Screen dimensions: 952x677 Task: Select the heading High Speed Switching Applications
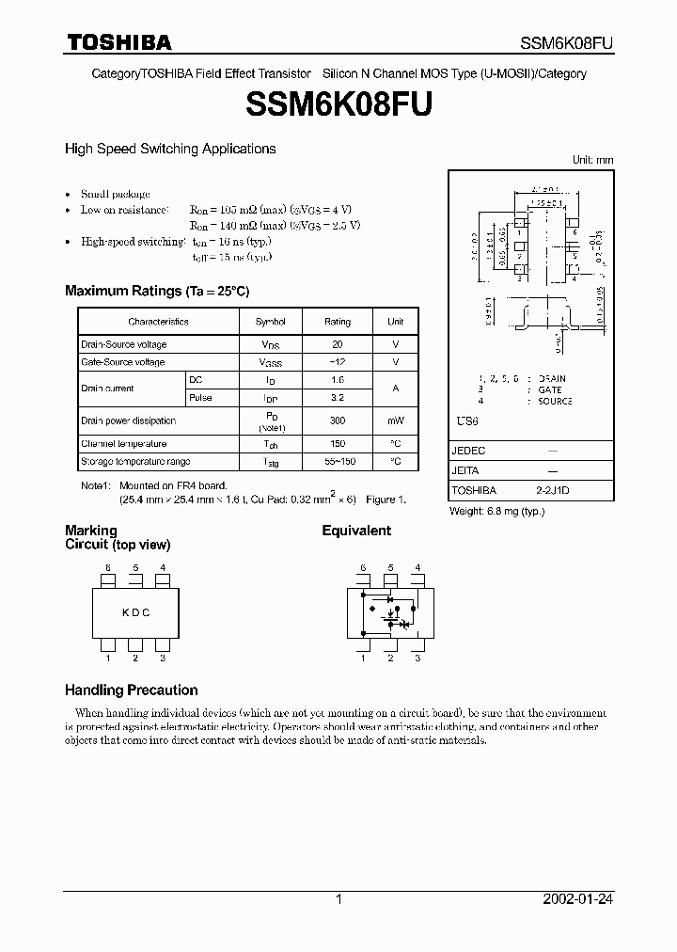169,149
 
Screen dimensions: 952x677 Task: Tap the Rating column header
338,322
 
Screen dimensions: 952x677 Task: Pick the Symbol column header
271,322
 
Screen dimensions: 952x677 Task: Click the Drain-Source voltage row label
123,345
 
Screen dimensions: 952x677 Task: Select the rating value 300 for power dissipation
338,421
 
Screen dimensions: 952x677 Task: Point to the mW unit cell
395,421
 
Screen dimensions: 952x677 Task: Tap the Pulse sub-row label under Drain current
200,398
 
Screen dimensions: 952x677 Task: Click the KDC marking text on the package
135,612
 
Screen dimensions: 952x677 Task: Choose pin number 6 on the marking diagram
108,567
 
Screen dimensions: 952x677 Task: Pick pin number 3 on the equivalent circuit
417,658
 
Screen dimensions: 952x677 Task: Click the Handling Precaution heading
131,690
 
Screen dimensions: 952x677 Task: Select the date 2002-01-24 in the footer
578,899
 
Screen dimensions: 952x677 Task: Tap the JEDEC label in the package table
468,451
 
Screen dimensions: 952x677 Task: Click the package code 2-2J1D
552,490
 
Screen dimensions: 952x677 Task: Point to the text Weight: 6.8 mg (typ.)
497,511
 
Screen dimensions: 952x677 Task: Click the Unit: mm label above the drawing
592,161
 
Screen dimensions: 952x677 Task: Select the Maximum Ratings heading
157,292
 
